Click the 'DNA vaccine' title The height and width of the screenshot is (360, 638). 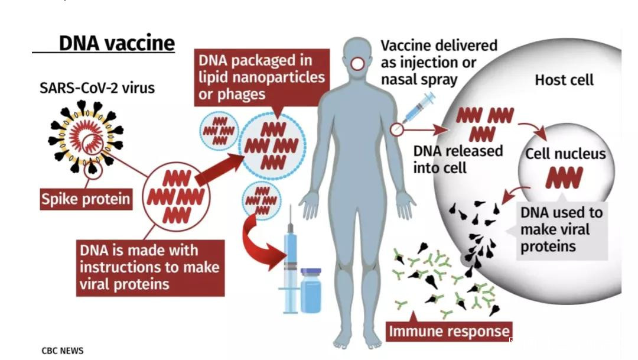[116, 43]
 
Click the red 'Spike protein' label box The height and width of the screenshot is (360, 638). [86, 199]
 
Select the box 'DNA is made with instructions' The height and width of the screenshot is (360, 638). [149, 267]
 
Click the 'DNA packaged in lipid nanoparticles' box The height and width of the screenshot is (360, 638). [261, 77]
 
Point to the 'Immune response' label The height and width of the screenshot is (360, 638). [448, 331]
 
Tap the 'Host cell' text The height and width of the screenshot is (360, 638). [564, 80]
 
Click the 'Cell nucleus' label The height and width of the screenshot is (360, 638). [565, 154]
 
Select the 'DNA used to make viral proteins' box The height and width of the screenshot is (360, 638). [561, 229]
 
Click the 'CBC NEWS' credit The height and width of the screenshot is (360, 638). [63, 351]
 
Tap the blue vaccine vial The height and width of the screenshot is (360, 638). [311, 290]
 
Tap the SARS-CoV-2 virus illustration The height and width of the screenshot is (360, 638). [85, 137]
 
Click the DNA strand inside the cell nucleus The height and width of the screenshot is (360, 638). [564, 178]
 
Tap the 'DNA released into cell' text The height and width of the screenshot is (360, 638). [457, 159]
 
